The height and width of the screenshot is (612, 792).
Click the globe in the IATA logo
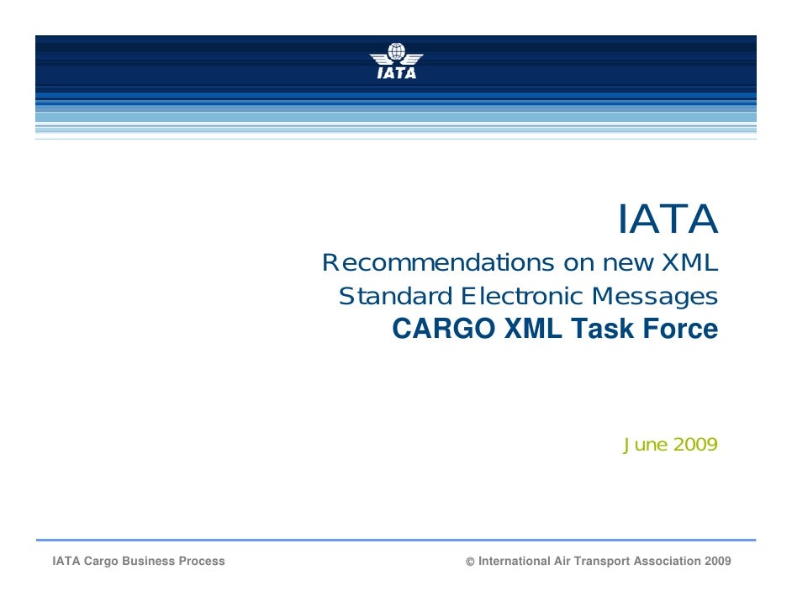tap(397, 51)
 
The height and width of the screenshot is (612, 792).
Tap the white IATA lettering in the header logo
tap(397, 72)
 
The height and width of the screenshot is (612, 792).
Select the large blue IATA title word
tap(668, 219)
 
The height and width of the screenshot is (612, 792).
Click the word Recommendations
tap(438, 262)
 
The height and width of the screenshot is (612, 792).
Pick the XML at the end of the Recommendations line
tap(689, 262)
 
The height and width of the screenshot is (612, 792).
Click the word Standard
tap(395, 296)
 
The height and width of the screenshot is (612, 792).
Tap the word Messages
tap(655, 297)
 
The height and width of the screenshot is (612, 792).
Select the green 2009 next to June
tap(695, 445)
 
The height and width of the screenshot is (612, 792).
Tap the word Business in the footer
tap(148, 561)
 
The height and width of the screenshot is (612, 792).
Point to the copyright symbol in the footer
tap(470, 562)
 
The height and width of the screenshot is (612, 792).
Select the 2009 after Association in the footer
tap(718, 561)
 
